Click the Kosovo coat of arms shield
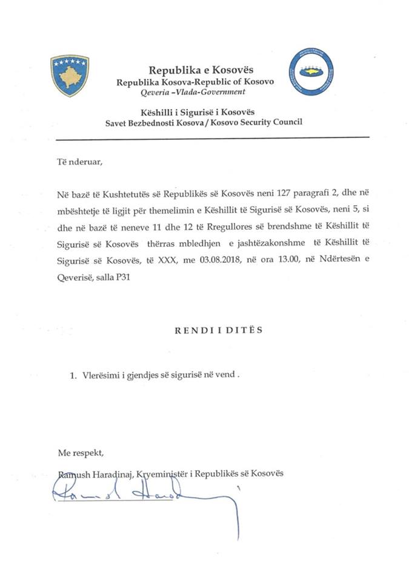(x=70, y=75)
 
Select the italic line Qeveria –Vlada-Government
(x=193, y=92)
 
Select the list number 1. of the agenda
(x=74, y=375)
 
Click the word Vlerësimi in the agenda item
(x=101, y=375)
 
